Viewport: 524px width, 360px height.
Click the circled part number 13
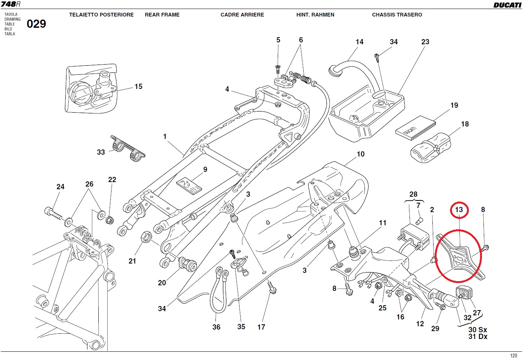(459, 209)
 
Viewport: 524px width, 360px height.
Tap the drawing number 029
(36, 24)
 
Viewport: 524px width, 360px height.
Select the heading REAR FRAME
(162, 15)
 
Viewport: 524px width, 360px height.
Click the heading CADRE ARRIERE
(242, 15)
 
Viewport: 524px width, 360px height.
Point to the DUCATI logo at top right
(507, 5)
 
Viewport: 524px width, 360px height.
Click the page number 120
(513, 355)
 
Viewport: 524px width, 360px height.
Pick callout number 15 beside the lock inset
(139, 87)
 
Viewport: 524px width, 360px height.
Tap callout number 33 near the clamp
(101, 152)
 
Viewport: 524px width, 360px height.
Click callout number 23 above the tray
(425, 42)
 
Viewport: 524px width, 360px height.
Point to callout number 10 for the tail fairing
(361, 154)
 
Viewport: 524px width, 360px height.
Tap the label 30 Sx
(477, 330)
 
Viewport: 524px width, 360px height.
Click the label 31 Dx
(477, 337)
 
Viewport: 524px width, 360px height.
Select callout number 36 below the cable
(217, 327)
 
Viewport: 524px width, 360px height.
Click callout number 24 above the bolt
(60, 187)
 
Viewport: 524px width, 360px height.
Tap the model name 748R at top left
(11, 4)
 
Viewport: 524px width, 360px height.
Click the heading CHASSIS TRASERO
(397, 15)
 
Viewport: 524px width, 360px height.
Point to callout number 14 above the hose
(360, 42)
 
